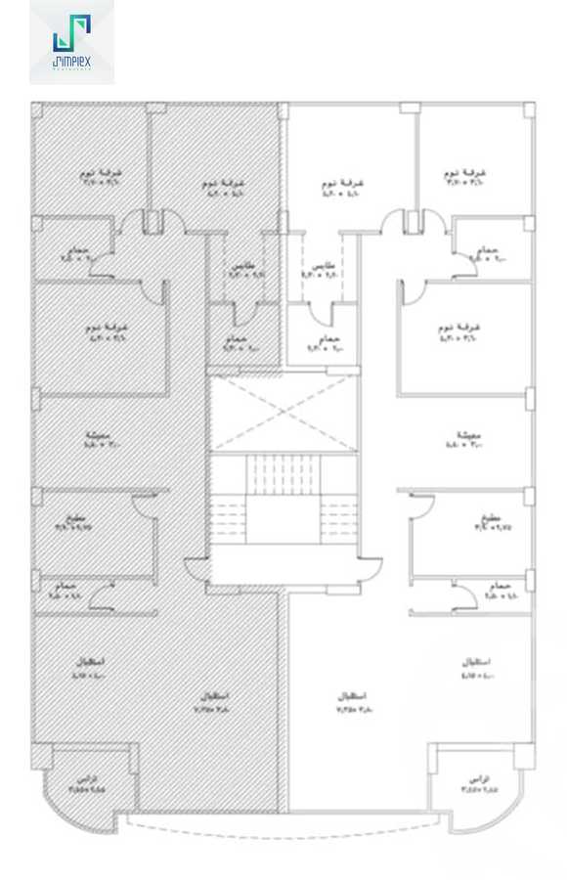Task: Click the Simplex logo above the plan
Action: coord(71,41)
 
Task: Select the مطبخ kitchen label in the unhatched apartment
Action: coord(492,516)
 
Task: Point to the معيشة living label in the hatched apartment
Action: coord(97,436)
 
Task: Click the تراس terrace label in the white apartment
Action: coord(476,779)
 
